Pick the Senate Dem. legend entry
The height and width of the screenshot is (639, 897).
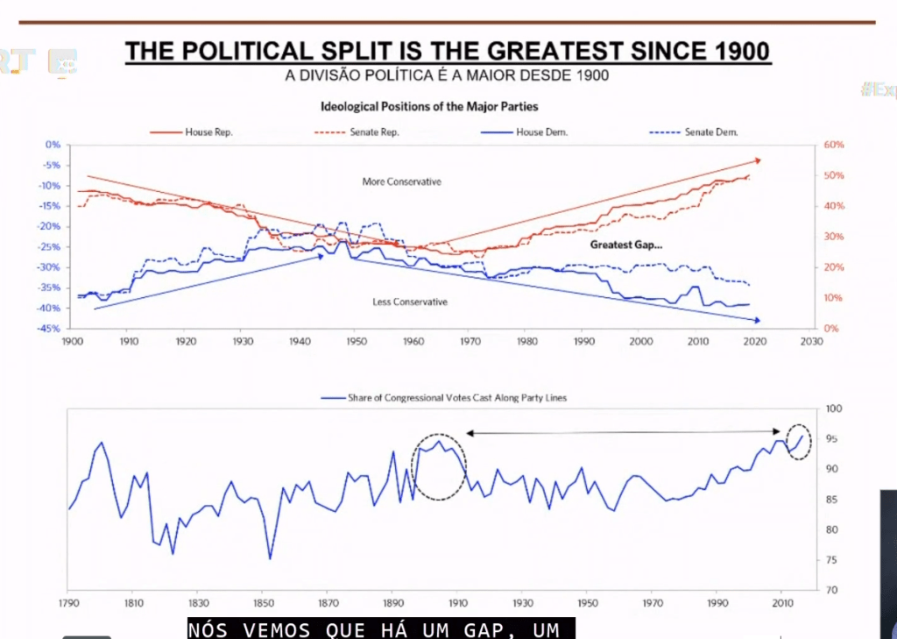[710, 132]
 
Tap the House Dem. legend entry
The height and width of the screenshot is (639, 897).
[542, 132]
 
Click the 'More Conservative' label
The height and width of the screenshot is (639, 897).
[401, 182]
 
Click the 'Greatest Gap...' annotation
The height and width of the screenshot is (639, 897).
[626, 245]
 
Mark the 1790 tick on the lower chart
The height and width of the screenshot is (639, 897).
[68, 603]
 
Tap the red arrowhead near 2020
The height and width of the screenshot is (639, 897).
[757, 160]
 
